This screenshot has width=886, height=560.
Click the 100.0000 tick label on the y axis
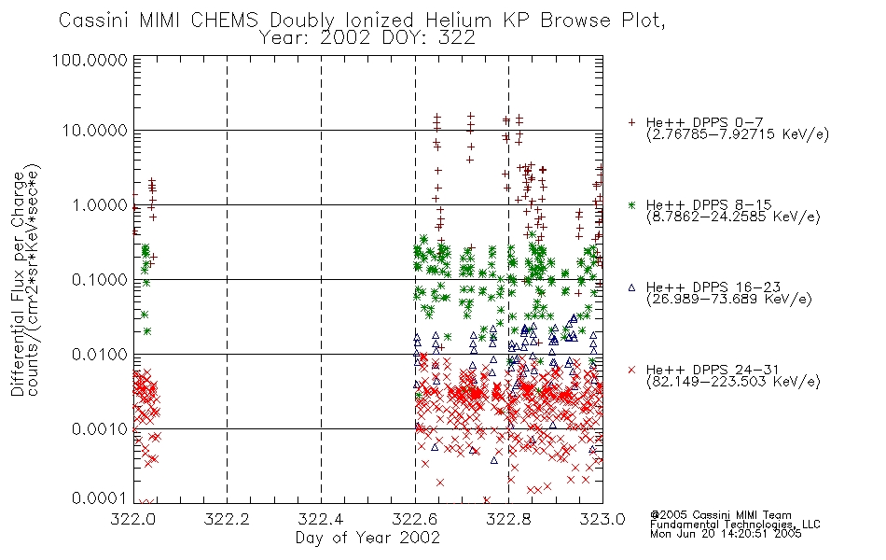[x=90, y=60]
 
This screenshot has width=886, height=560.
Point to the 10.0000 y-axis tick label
[x=94, y=131]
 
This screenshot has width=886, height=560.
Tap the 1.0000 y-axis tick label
[x=100, y=204]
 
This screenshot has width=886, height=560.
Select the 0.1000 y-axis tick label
[x=100, y=279]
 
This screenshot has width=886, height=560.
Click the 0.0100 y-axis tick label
[x=100, y=355]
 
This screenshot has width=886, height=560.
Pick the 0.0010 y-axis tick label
[x=100, y=429]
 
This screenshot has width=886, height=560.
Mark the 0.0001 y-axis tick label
[x=100, y=498]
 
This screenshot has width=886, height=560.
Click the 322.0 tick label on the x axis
[x=133, y=519]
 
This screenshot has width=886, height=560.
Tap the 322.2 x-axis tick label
[x=228, y=519]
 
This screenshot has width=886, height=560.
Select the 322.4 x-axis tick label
[x=321, y=519]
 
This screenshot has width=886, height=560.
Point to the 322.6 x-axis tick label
[x=415, y=519]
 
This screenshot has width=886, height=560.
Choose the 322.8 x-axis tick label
[x=508, y=519]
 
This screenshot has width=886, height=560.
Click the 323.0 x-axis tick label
[x=602, y=519]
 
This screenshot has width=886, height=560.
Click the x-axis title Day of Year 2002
[x=367, y=538]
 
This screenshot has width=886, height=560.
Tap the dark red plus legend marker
[x=631, y=122]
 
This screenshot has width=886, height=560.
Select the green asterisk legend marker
[x=631, y=204]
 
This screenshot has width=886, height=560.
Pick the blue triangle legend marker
[x=631, y=287]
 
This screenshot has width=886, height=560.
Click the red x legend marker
[x=631, y=370]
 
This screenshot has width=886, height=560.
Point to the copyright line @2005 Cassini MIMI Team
[x=721, y=515]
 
